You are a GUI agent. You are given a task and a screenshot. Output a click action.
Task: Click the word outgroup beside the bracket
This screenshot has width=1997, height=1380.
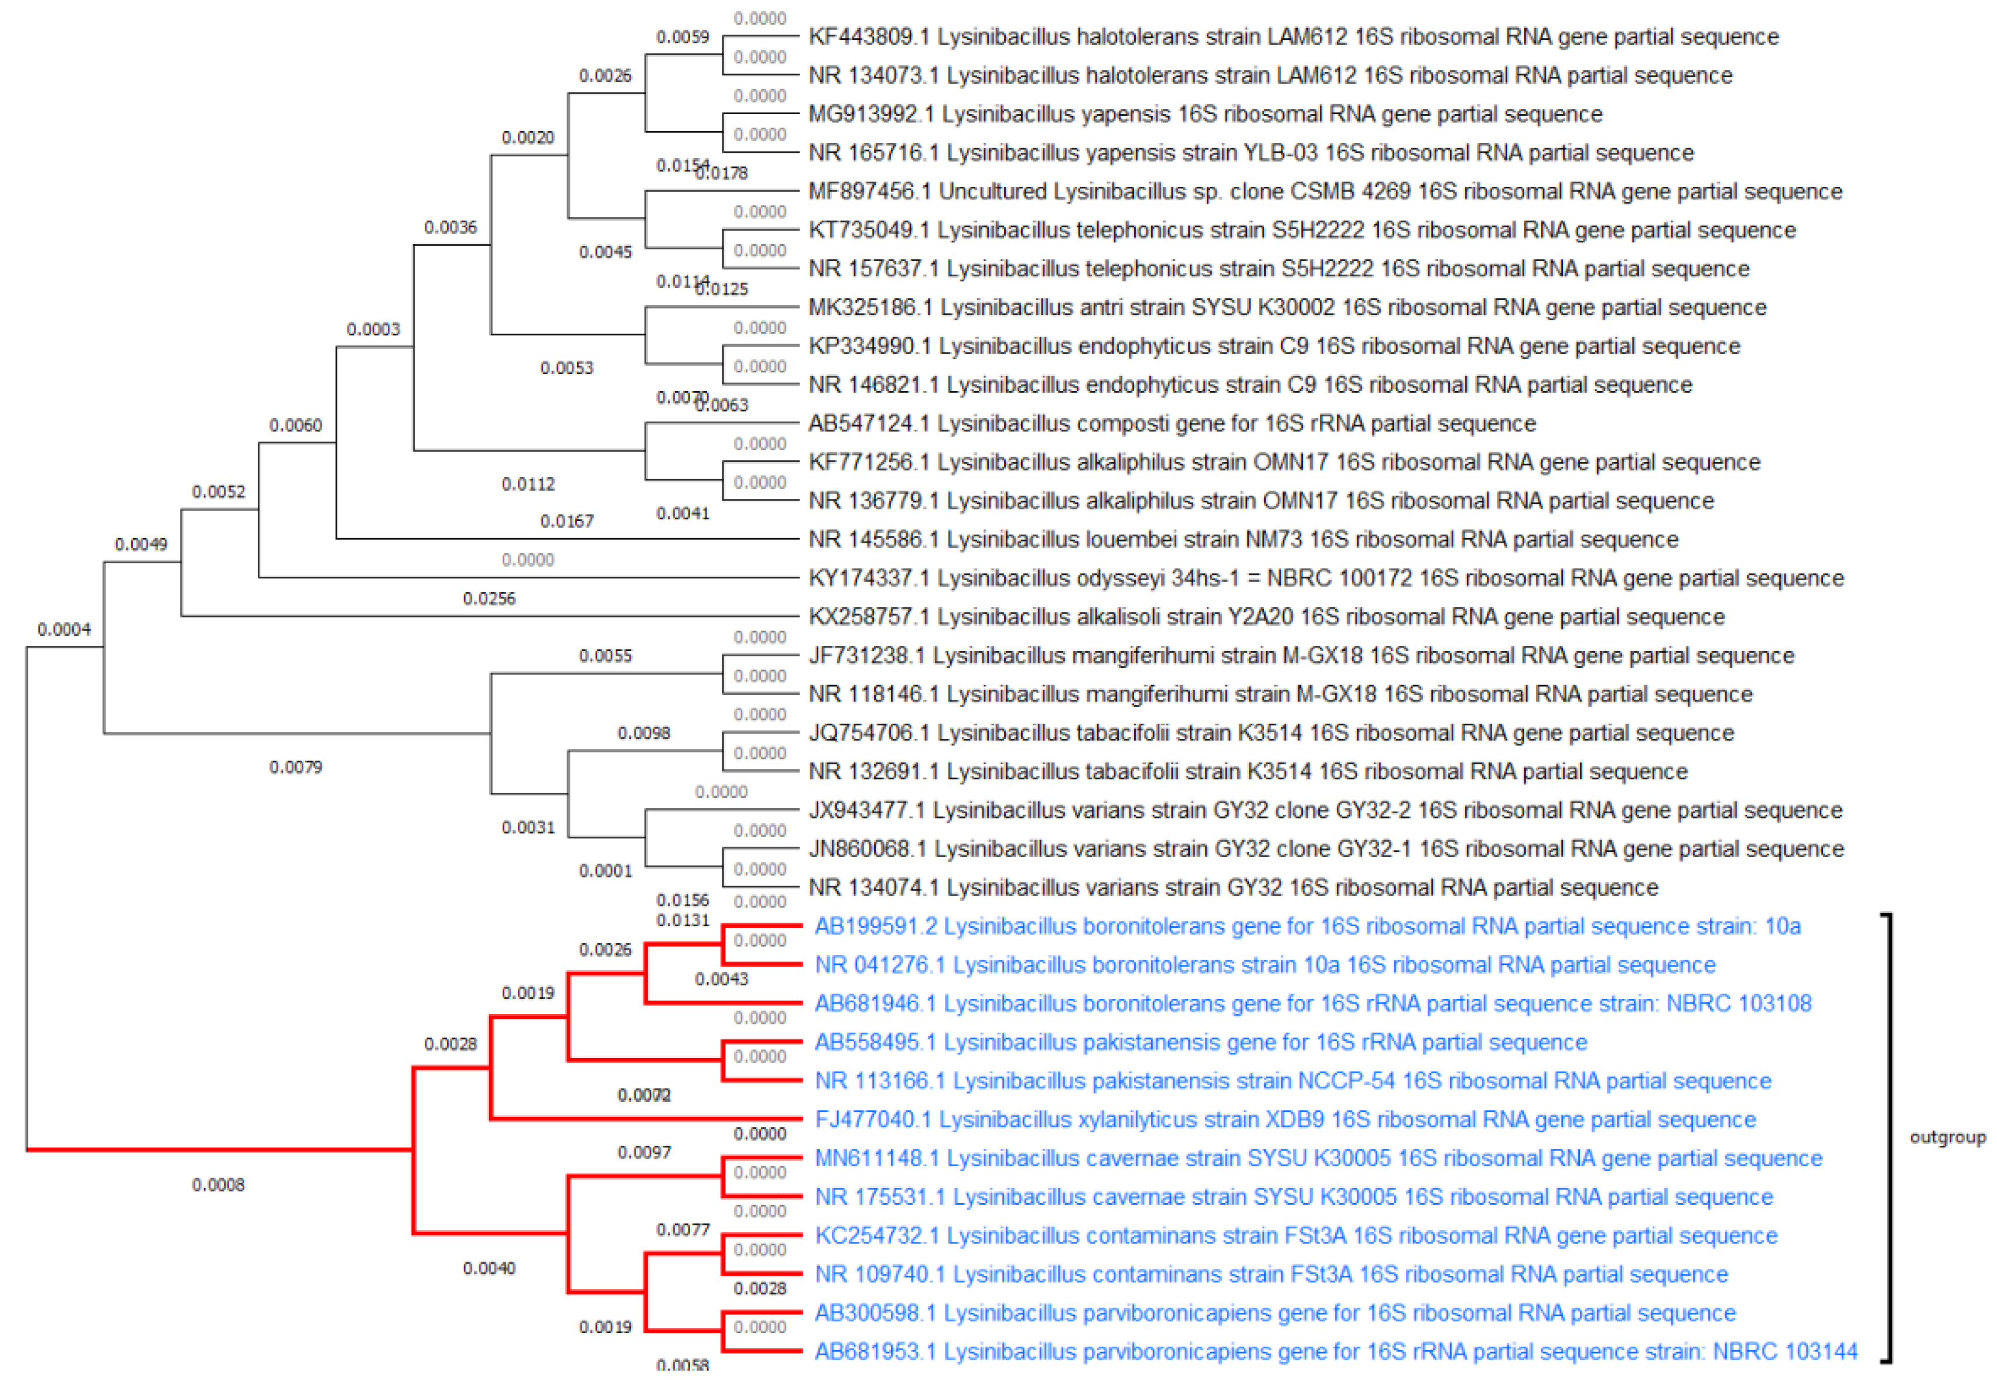(x=1947, y=1138)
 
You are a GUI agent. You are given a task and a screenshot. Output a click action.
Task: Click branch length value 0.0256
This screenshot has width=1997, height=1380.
(x=489, y=599)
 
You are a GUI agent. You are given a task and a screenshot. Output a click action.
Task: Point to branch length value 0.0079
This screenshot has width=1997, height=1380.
(x=296, y=768)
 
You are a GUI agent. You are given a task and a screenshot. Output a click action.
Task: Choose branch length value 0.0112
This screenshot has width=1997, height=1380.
(x=528, y=484)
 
